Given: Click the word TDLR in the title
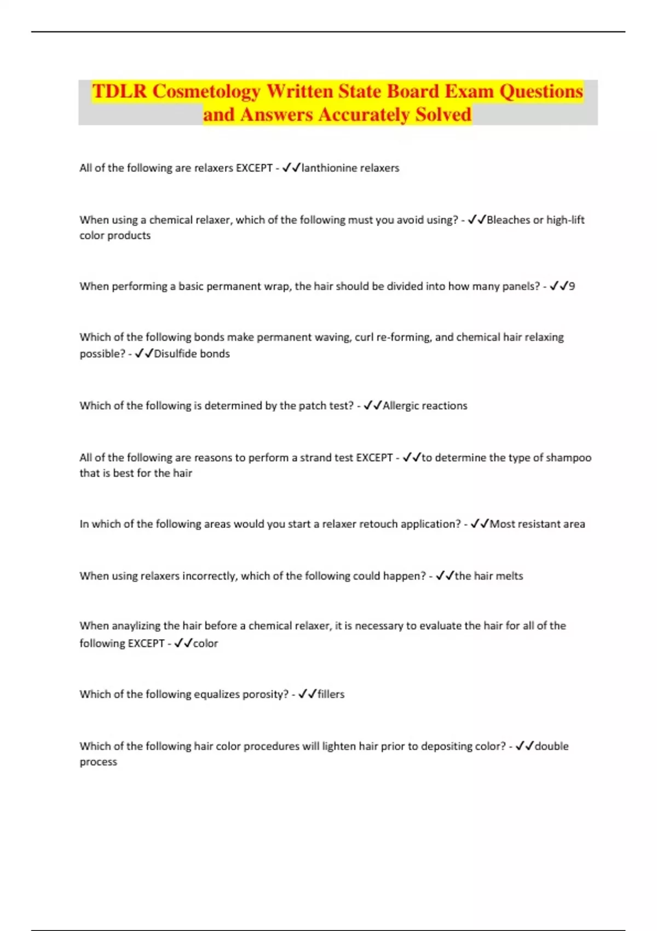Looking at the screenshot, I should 119,91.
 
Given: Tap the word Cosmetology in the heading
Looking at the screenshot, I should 206,91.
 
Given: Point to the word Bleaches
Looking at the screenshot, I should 508,220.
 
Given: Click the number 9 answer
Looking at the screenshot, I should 572,286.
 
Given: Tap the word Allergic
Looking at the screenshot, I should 403,406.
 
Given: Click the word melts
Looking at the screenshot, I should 509,576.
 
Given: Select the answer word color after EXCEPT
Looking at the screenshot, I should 205,643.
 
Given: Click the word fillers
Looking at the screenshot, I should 331,694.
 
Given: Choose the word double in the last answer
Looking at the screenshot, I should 551,746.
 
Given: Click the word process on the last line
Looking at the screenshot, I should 99,762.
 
